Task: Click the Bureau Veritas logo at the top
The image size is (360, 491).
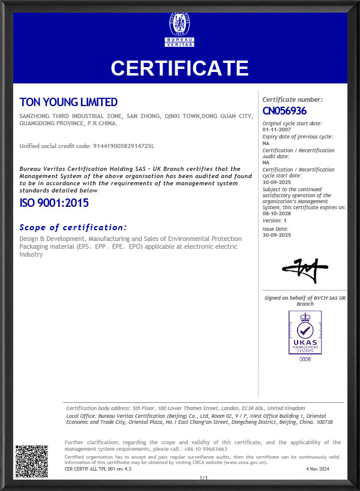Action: pyautogui.click(x=180, y=30)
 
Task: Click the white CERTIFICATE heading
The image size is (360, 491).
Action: pyautogui.click(x=179, y=68)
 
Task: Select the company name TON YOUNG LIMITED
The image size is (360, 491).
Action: pyautogui.click(x=68, y=103)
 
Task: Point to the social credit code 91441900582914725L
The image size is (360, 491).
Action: pyautogui.click(x=124, y=146)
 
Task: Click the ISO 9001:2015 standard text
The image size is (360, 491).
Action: pyautogui.click(x=54, y=203)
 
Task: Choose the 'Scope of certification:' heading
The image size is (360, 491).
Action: pyautogui.click(x=73, y=227)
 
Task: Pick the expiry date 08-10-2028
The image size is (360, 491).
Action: pyautogui.click(x=276, y=213)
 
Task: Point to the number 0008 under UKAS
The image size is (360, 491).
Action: pyautogui.click(x=305, y=359)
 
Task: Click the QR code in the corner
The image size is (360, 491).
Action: pyautogui.click(x=31, y=461)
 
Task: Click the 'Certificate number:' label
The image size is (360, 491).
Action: pyautogui.click(x=293, y=100)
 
